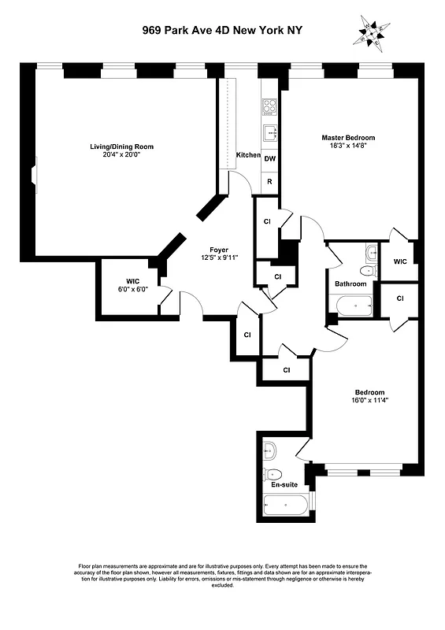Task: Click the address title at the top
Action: tap(223, 30)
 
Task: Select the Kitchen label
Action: tap(248, 155)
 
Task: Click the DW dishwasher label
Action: tap(269, 158)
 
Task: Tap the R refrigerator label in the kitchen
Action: tap(269, 182)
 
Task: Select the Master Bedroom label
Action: tap(348, 138)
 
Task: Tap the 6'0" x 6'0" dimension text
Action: tap(127, 289)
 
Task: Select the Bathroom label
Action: tap(350, 283)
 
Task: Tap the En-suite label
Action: tap(284, 486)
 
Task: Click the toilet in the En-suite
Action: tap(274, 473)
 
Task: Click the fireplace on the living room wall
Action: tap(34, 174)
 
